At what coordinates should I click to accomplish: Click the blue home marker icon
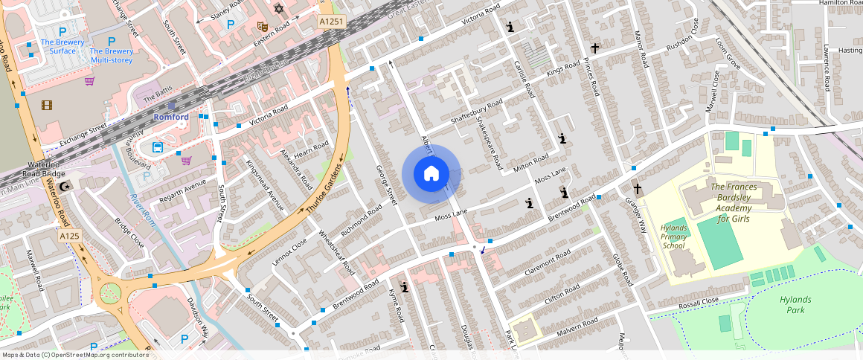coord(431,174)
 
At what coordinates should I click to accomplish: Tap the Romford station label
coord(172,117)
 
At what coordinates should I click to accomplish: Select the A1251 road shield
coord(332,22)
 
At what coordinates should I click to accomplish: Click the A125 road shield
coord(69,236)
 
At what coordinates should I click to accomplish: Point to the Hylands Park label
coord(795,304)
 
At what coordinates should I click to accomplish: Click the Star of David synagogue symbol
coord(279,9)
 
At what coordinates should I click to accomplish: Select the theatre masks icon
coord(262,26)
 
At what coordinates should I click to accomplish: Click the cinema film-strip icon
coord(47,106)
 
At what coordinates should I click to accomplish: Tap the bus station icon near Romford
coord(158,147)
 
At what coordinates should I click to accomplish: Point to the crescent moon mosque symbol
coord(65,185)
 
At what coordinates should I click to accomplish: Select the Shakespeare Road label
coord(489,142)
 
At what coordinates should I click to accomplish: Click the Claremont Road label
coord(547,263)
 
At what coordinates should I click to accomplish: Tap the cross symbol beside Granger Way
coord(637,189)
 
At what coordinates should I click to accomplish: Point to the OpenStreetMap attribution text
coord(74,355)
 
